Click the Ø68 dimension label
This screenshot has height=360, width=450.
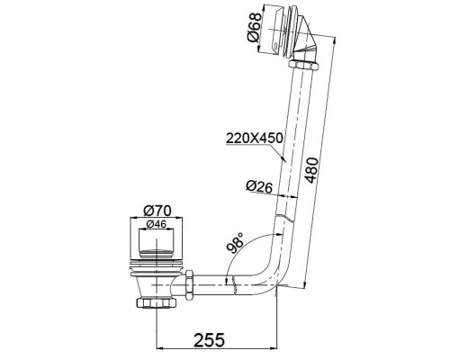tap(253, 28)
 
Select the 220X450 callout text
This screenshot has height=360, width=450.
tap(254, 138)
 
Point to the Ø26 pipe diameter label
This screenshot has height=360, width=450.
tap(259, 186)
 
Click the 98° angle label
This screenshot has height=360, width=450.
tap(234, 241)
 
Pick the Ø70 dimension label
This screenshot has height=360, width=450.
tap(157, 211)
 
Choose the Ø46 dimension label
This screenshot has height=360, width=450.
tap(157, 224)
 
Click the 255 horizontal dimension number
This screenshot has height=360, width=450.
tap(209, 339)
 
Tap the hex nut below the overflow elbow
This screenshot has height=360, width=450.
tap(303, 65)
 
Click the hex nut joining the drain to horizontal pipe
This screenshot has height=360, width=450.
tap(190, 284)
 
